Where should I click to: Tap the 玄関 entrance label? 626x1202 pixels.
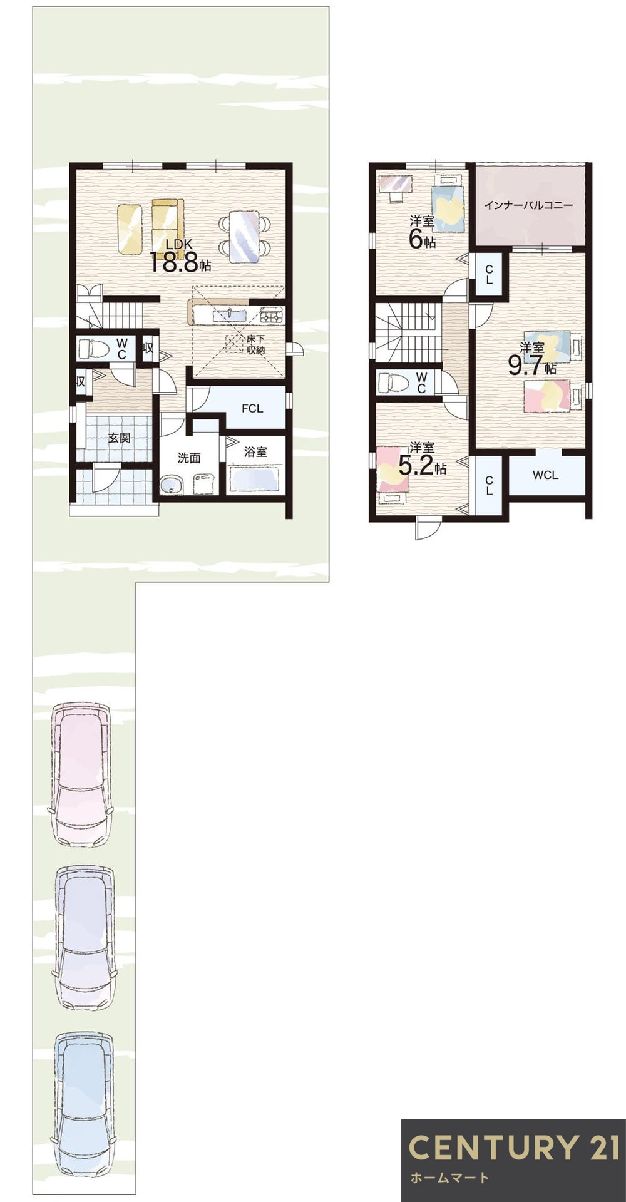tap(119, 438)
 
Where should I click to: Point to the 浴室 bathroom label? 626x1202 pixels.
tap(255, 451)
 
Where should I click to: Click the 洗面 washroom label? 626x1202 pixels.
tap(188, 458)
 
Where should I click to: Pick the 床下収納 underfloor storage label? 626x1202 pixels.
tap(254, 345)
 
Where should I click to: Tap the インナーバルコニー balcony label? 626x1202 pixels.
tap(529, 205)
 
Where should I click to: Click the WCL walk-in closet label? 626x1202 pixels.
tap(545, 475)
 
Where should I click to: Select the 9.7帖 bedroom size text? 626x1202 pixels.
tap(531, 366)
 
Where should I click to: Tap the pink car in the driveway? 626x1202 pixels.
tap(81, 774)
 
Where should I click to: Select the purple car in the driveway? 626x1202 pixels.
tap(84, 937)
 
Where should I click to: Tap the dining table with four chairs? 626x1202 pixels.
tap(244, 236)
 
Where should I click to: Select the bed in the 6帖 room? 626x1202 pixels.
tap(448, 203)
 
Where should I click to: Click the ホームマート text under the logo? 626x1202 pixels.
tap(449, 1178)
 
